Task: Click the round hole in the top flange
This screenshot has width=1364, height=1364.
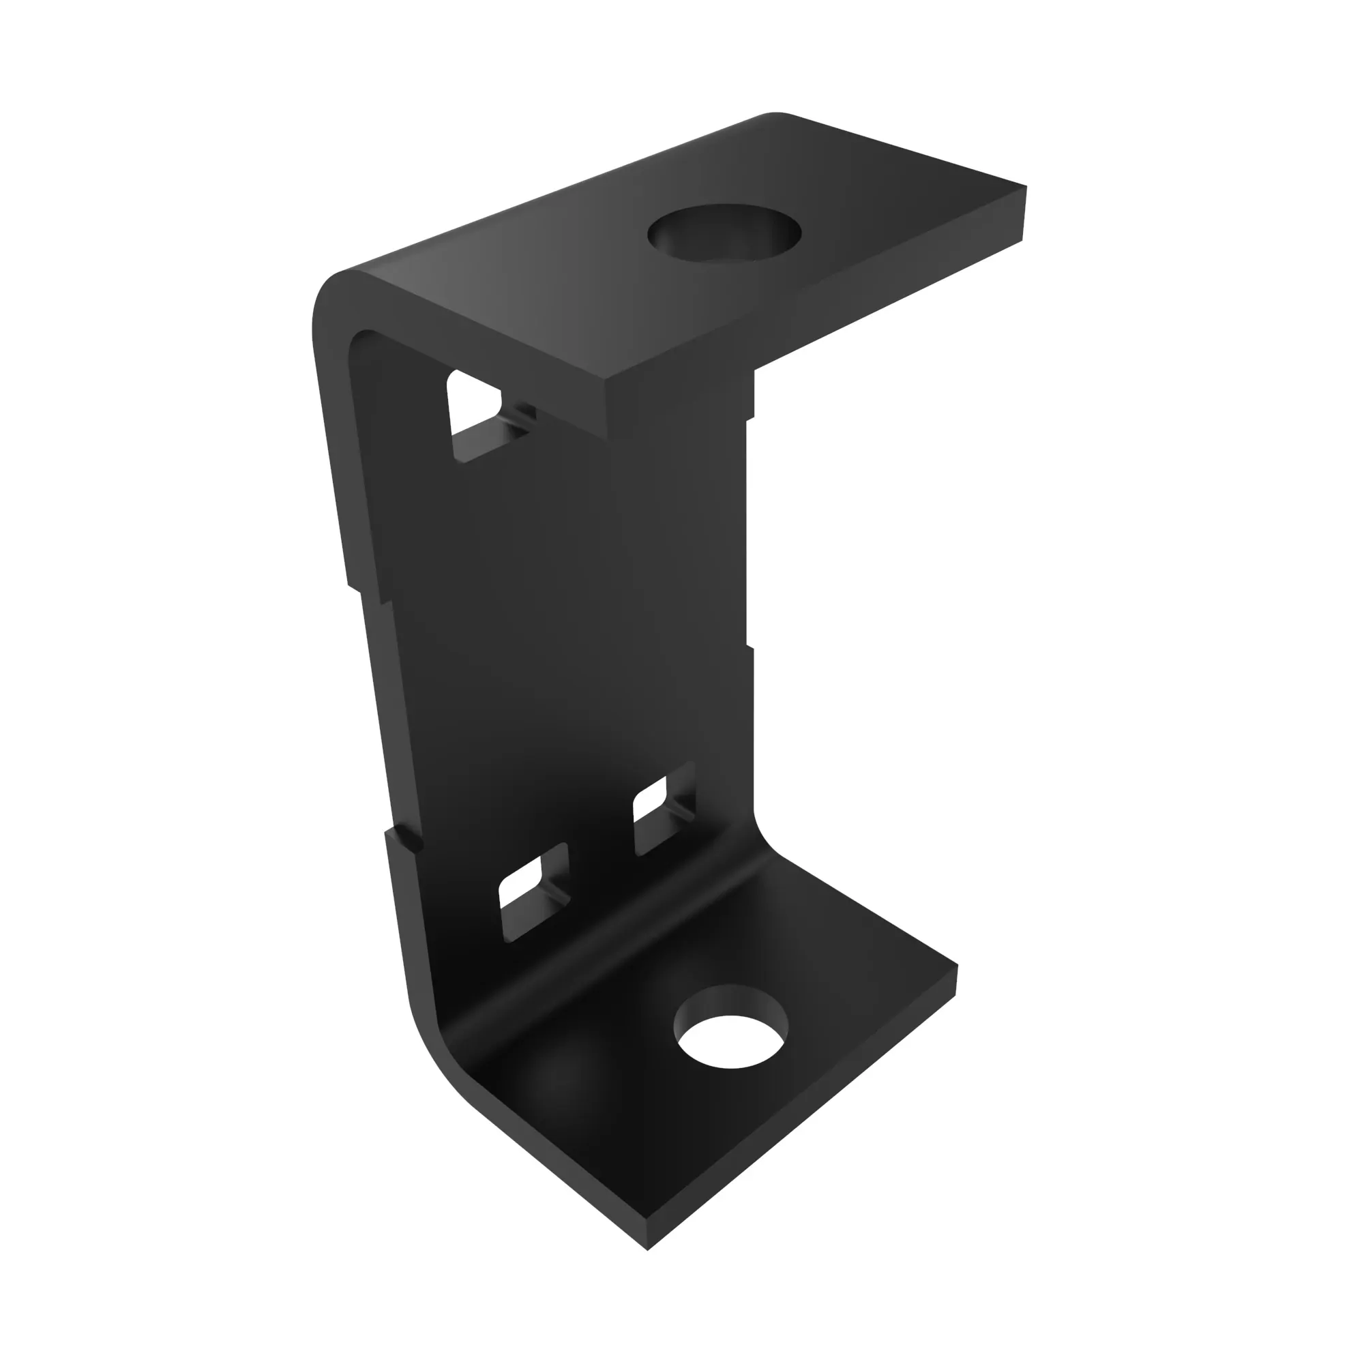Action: pyautogui.click(x=724, y=234)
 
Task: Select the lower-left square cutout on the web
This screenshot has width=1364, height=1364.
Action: pyautogui.click(x=534, y=891)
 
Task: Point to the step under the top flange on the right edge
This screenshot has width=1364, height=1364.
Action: pyautogui.click(x=750, y=417)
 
